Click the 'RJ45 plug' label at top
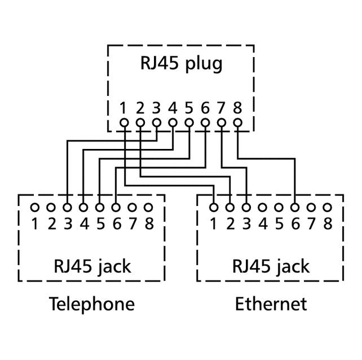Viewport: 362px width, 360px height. click(x=180, y=63)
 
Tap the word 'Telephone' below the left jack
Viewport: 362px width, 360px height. click(x=92, y=305)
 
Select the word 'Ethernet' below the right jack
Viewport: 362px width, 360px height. click(x=271, y=305)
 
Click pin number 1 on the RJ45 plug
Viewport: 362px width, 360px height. click(x=124, y=107)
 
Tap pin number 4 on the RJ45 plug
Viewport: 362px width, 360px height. click(x=173, y=107)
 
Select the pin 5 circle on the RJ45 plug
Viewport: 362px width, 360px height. click(x=189, y=122)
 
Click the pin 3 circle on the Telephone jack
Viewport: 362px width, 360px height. click(x=67, y=208)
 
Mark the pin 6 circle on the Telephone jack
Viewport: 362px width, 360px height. click(x=116, y=208)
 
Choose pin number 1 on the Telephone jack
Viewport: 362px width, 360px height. click(x=34, y=224)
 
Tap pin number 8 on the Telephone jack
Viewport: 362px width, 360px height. click(x=149, y=224)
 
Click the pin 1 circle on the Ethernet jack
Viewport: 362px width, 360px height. click(x=214, y=208)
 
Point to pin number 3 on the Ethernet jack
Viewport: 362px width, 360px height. click(x=246, y=224)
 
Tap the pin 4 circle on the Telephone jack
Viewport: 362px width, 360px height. click(x=83, y=208)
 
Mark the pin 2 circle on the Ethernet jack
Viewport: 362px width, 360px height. click(x=230, y=208)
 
